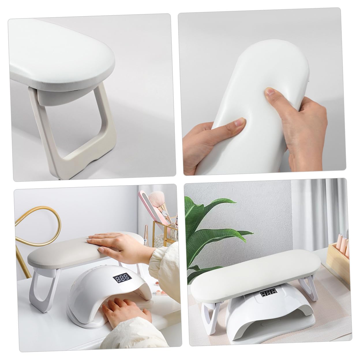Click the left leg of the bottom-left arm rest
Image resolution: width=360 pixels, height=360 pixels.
coord(39,284)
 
